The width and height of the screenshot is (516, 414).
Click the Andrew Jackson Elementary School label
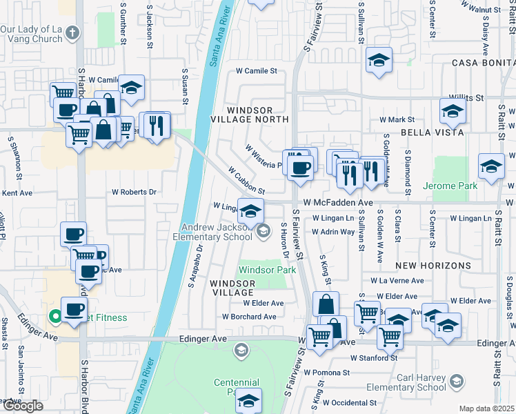[x=217, y=232]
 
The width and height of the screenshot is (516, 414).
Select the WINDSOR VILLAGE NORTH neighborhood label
[x=257, y=115]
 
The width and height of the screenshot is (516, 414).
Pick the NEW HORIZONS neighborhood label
[x=425, y=266]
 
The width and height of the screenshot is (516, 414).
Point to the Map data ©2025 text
[x=487, y=408]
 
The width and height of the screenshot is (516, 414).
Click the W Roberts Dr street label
[x=134, y=192]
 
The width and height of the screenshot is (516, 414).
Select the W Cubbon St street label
[x=246, y=179]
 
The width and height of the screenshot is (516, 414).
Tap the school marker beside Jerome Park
[x=491, y=167]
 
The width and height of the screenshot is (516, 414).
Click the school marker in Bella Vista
[x=453, y=110]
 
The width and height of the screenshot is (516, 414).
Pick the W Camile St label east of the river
[x=256, y=70]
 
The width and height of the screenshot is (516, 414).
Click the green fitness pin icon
[x=56, y=317]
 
